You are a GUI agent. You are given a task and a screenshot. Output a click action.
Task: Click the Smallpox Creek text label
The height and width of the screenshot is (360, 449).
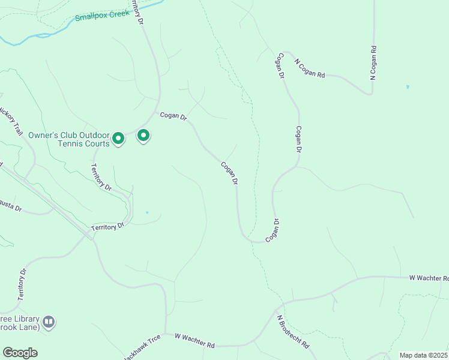(103, 14)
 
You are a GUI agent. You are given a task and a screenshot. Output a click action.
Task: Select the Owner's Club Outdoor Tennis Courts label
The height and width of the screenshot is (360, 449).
(69, 139)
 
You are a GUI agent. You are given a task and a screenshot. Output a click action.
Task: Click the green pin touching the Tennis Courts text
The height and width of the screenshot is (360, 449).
(118, 139)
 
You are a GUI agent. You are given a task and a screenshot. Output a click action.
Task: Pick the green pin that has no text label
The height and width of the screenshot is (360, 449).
(143, 136)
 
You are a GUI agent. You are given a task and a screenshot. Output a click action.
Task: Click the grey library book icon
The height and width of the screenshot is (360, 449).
(49, 322)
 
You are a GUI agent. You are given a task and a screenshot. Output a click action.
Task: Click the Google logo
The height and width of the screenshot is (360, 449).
(20, 353)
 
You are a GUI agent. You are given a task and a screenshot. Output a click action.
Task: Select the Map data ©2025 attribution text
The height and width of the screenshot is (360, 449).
(423, 355)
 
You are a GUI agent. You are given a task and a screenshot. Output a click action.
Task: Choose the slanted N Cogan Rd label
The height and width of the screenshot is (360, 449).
(309, 68)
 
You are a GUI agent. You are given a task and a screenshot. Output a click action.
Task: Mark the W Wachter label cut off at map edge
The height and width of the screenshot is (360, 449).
(428, 278)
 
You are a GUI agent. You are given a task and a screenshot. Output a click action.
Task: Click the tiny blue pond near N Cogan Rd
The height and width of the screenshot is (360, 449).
(408, 86)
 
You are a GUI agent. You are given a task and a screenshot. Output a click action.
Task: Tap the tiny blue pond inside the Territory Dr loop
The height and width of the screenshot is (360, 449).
(147, 212)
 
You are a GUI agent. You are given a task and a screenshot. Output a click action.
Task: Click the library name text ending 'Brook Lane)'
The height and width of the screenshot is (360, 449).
(20, 323)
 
